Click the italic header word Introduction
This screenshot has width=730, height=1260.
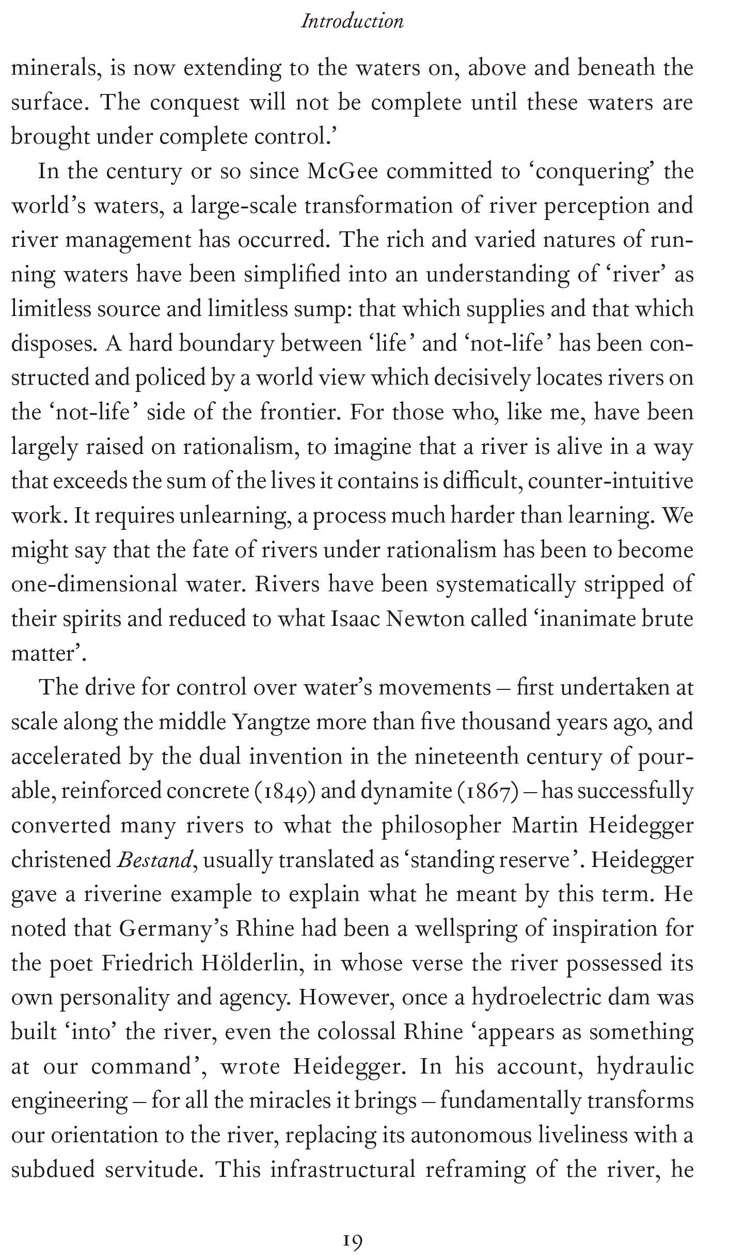point(352,22)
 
